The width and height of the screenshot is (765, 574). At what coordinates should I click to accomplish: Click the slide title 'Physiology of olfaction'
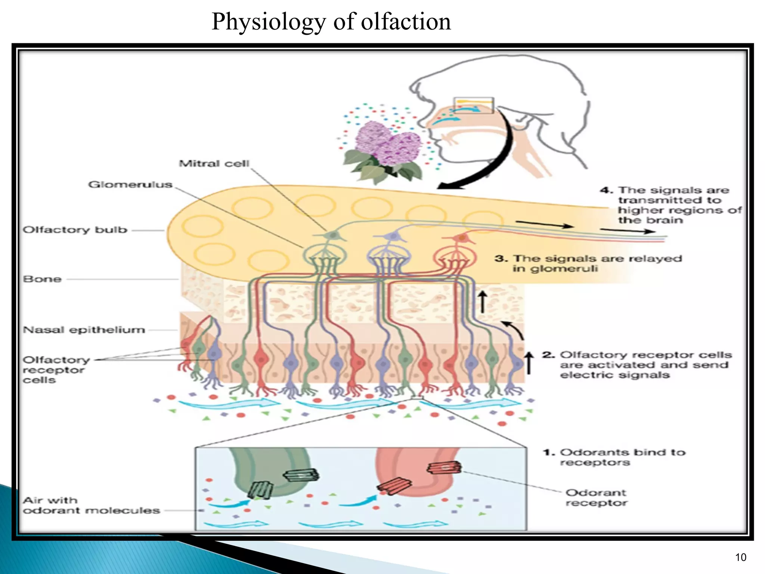tap(331, 22)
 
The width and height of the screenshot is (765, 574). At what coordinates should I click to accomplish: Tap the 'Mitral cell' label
tap(214, 164)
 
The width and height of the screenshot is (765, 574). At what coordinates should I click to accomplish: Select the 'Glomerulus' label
tap(130, 185)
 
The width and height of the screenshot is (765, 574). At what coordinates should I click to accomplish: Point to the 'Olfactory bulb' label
tap(75, 230)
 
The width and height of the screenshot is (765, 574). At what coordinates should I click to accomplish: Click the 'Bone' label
tap(42, 279)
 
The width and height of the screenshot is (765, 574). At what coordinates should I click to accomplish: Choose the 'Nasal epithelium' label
tap(84, 330)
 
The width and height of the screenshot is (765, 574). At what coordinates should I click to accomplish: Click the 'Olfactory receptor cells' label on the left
tap(56, 370)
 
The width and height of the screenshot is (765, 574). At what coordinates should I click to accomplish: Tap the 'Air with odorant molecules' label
tap(91, 506)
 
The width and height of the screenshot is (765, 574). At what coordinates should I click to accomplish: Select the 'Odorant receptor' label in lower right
tap(596, 498)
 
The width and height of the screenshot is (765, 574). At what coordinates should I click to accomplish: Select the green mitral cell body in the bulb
tap(332, 235)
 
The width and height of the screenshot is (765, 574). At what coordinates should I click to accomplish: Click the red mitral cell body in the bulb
tap(462, 238)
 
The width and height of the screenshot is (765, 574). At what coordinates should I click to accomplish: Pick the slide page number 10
tap(740, 557)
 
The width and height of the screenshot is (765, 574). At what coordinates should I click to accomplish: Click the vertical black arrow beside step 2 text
tap(529, 362)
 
